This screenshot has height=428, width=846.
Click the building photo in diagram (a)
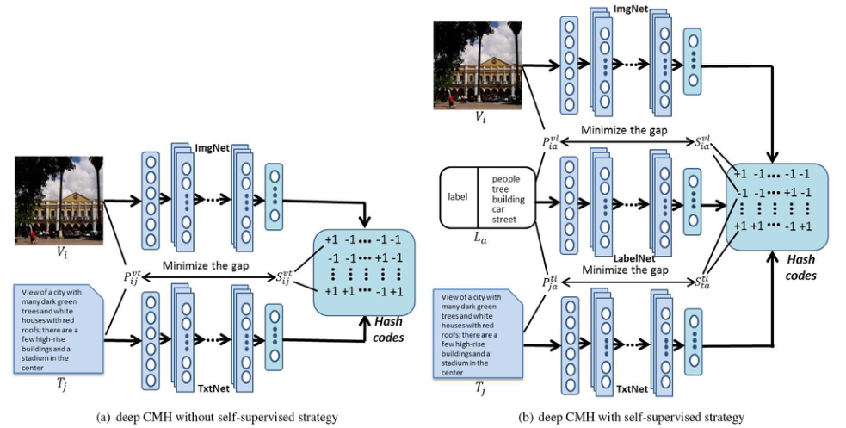[59, 198]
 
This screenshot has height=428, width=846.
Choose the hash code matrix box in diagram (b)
[775, 199]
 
